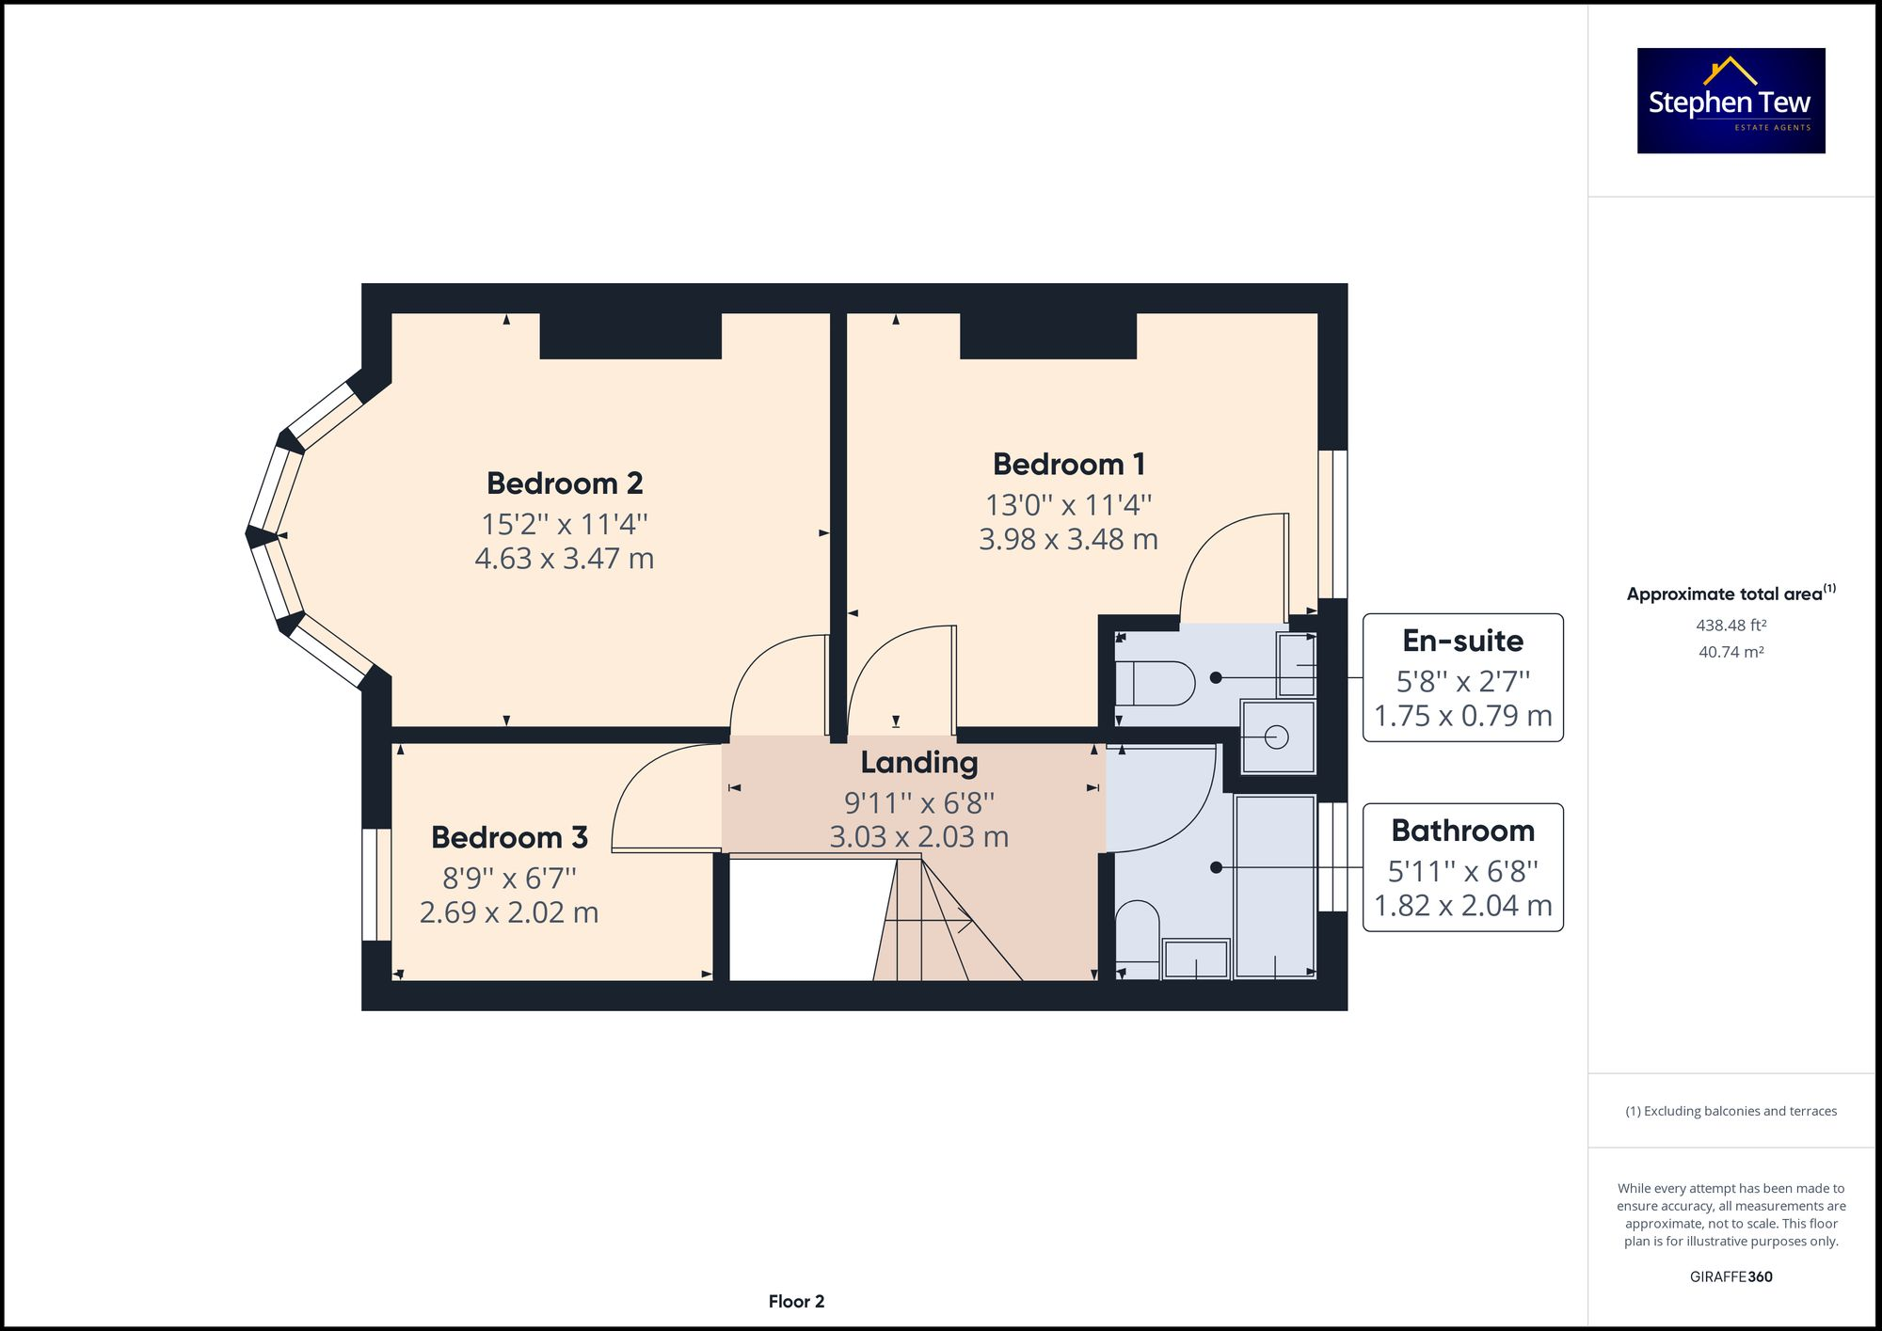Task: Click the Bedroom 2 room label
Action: tap(565, 483)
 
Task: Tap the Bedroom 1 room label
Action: tap(1069, 465)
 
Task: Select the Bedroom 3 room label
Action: tap(509, 837)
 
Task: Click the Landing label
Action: tap(919, 763)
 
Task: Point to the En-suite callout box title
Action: tap(1462, 641)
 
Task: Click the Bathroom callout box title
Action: tap(1462, 831)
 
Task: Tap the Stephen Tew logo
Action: tap(1730, 101)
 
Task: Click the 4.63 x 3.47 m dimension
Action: tap(565, 559)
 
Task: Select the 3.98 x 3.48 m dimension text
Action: tap(1069, 540)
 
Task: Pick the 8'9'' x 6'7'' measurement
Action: tap(509, 879)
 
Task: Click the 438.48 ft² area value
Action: tap(1730, 625)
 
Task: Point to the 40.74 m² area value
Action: tap(1730, 652)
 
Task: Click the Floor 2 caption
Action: tap(796, 1302)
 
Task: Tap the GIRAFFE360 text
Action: tap(1730, 1276)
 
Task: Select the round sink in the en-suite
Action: tap(1277, 737)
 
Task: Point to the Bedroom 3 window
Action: tap(376, 884)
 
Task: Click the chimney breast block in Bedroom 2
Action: tap(630, 336)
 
